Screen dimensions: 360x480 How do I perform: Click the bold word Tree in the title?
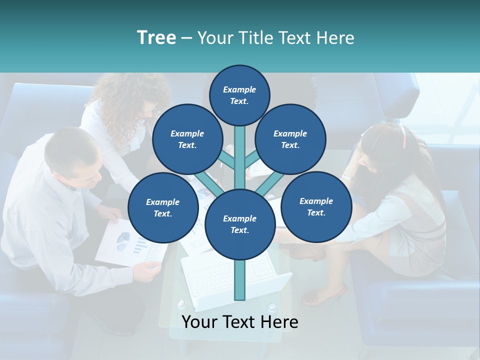pos(156,37)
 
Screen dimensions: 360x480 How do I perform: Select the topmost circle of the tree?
pos(239,95)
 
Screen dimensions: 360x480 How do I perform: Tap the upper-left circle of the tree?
pos(187,139)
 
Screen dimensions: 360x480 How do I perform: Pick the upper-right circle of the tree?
pos(290,139)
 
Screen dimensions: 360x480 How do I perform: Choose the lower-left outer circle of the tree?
pos(163,207)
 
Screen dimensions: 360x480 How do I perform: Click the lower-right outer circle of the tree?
pos(316,206)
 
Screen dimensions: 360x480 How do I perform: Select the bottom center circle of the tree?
pos(239,224)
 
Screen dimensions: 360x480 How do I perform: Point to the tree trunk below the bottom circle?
pos(240,280)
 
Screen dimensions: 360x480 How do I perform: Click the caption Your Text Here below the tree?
pos(240,322)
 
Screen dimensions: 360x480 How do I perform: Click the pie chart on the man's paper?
pos(123,240)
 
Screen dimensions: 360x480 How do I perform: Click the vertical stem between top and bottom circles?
pos(240,155)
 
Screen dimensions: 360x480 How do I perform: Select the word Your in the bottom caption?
pos(198,322)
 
